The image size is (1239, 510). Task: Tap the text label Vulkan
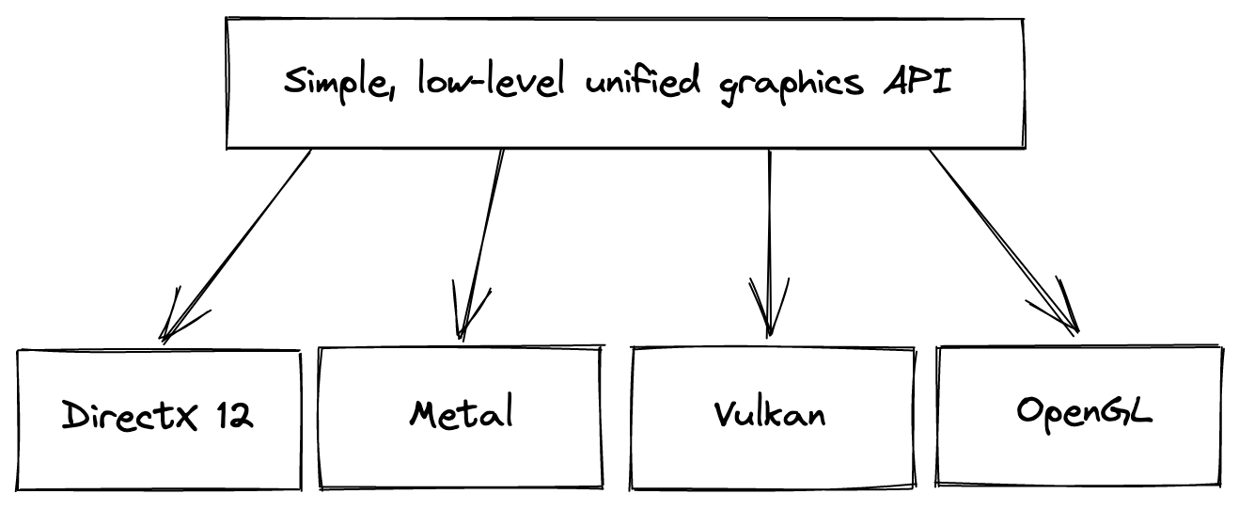pos(769,414)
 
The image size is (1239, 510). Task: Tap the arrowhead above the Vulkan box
pos(770,315)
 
